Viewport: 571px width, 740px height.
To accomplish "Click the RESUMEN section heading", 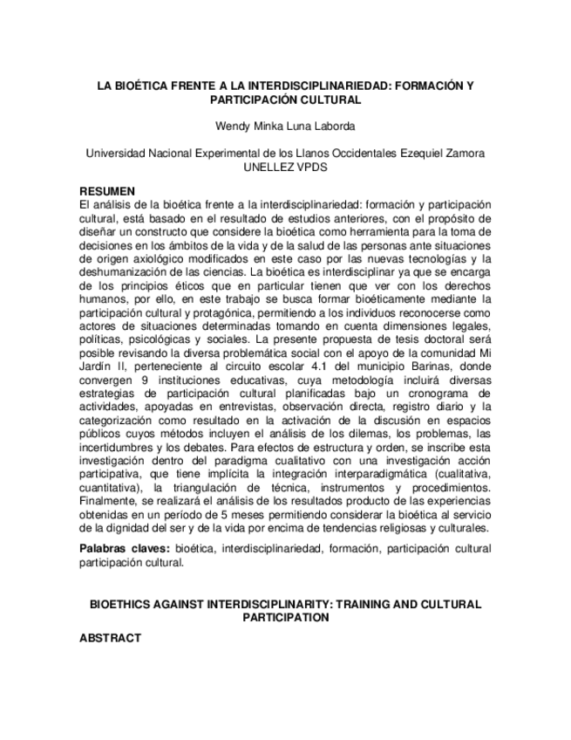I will point(107,191).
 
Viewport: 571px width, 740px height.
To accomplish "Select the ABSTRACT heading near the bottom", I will point(110,638).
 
